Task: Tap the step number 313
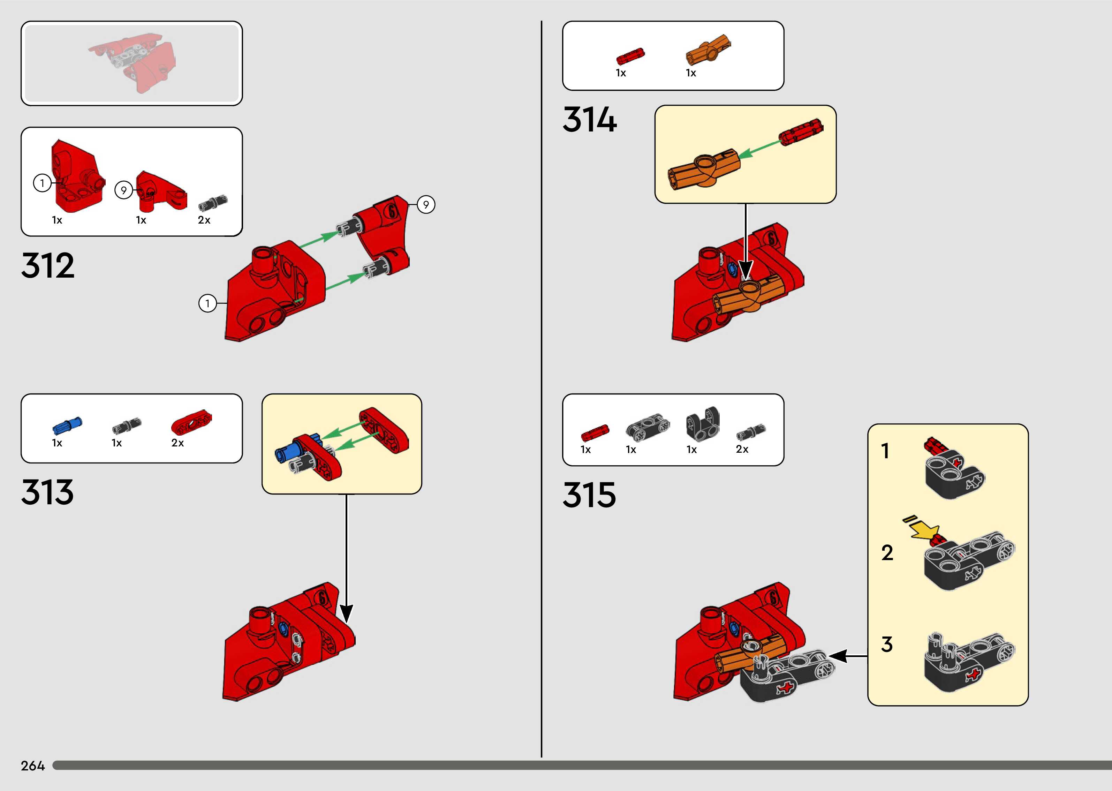click(47, 492)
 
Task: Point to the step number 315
click(589, 495)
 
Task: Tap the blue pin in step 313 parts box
click(67, 425)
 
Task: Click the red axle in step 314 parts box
click(630, 56)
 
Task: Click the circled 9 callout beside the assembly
click(426, 205)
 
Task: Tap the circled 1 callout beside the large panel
click(207, 303)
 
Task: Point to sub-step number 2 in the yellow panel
click(887, 553)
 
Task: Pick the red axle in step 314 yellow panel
click(801, 131)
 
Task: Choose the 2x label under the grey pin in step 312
click(204, 220)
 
